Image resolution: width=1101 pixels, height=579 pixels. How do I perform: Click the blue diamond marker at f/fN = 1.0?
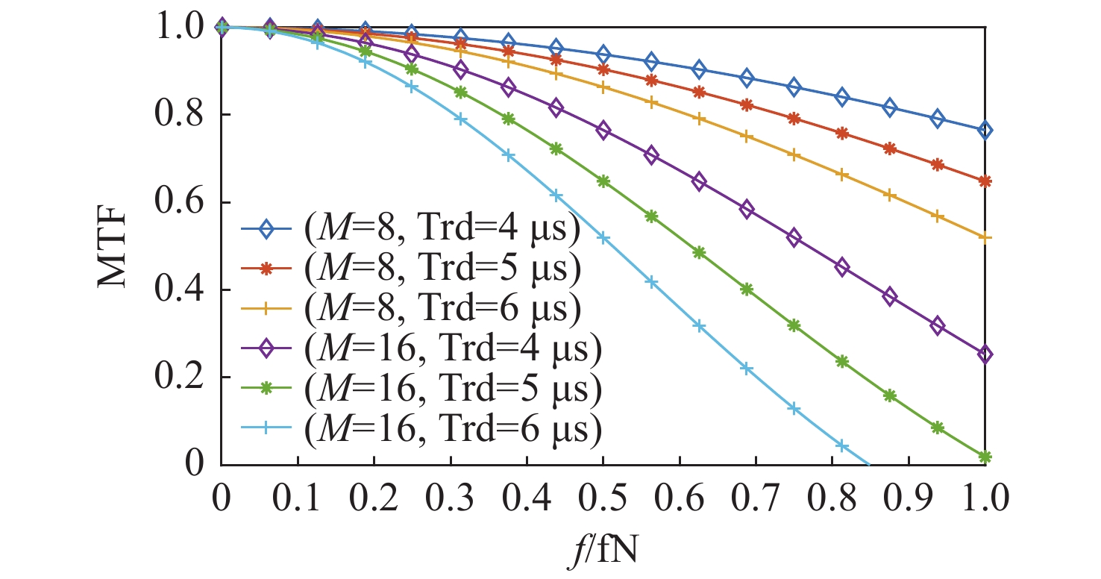tap(985, 131)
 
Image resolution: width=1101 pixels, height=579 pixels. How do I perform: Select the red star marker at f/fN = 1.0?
tap(985, 181)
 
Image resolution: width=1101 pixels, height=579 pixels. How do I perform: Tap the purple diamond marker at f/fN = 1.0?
tap(985, 354)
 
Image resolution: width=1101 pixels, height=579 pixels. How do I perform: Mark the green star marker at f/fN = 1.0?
tap(985, 457)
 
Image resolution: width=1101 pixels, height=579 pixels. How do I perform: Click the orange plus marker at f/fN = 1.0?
tap(985, 238)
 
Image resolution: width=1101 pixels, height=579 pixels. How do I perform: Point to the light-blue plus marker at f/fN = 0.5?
tap(603, 238)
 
